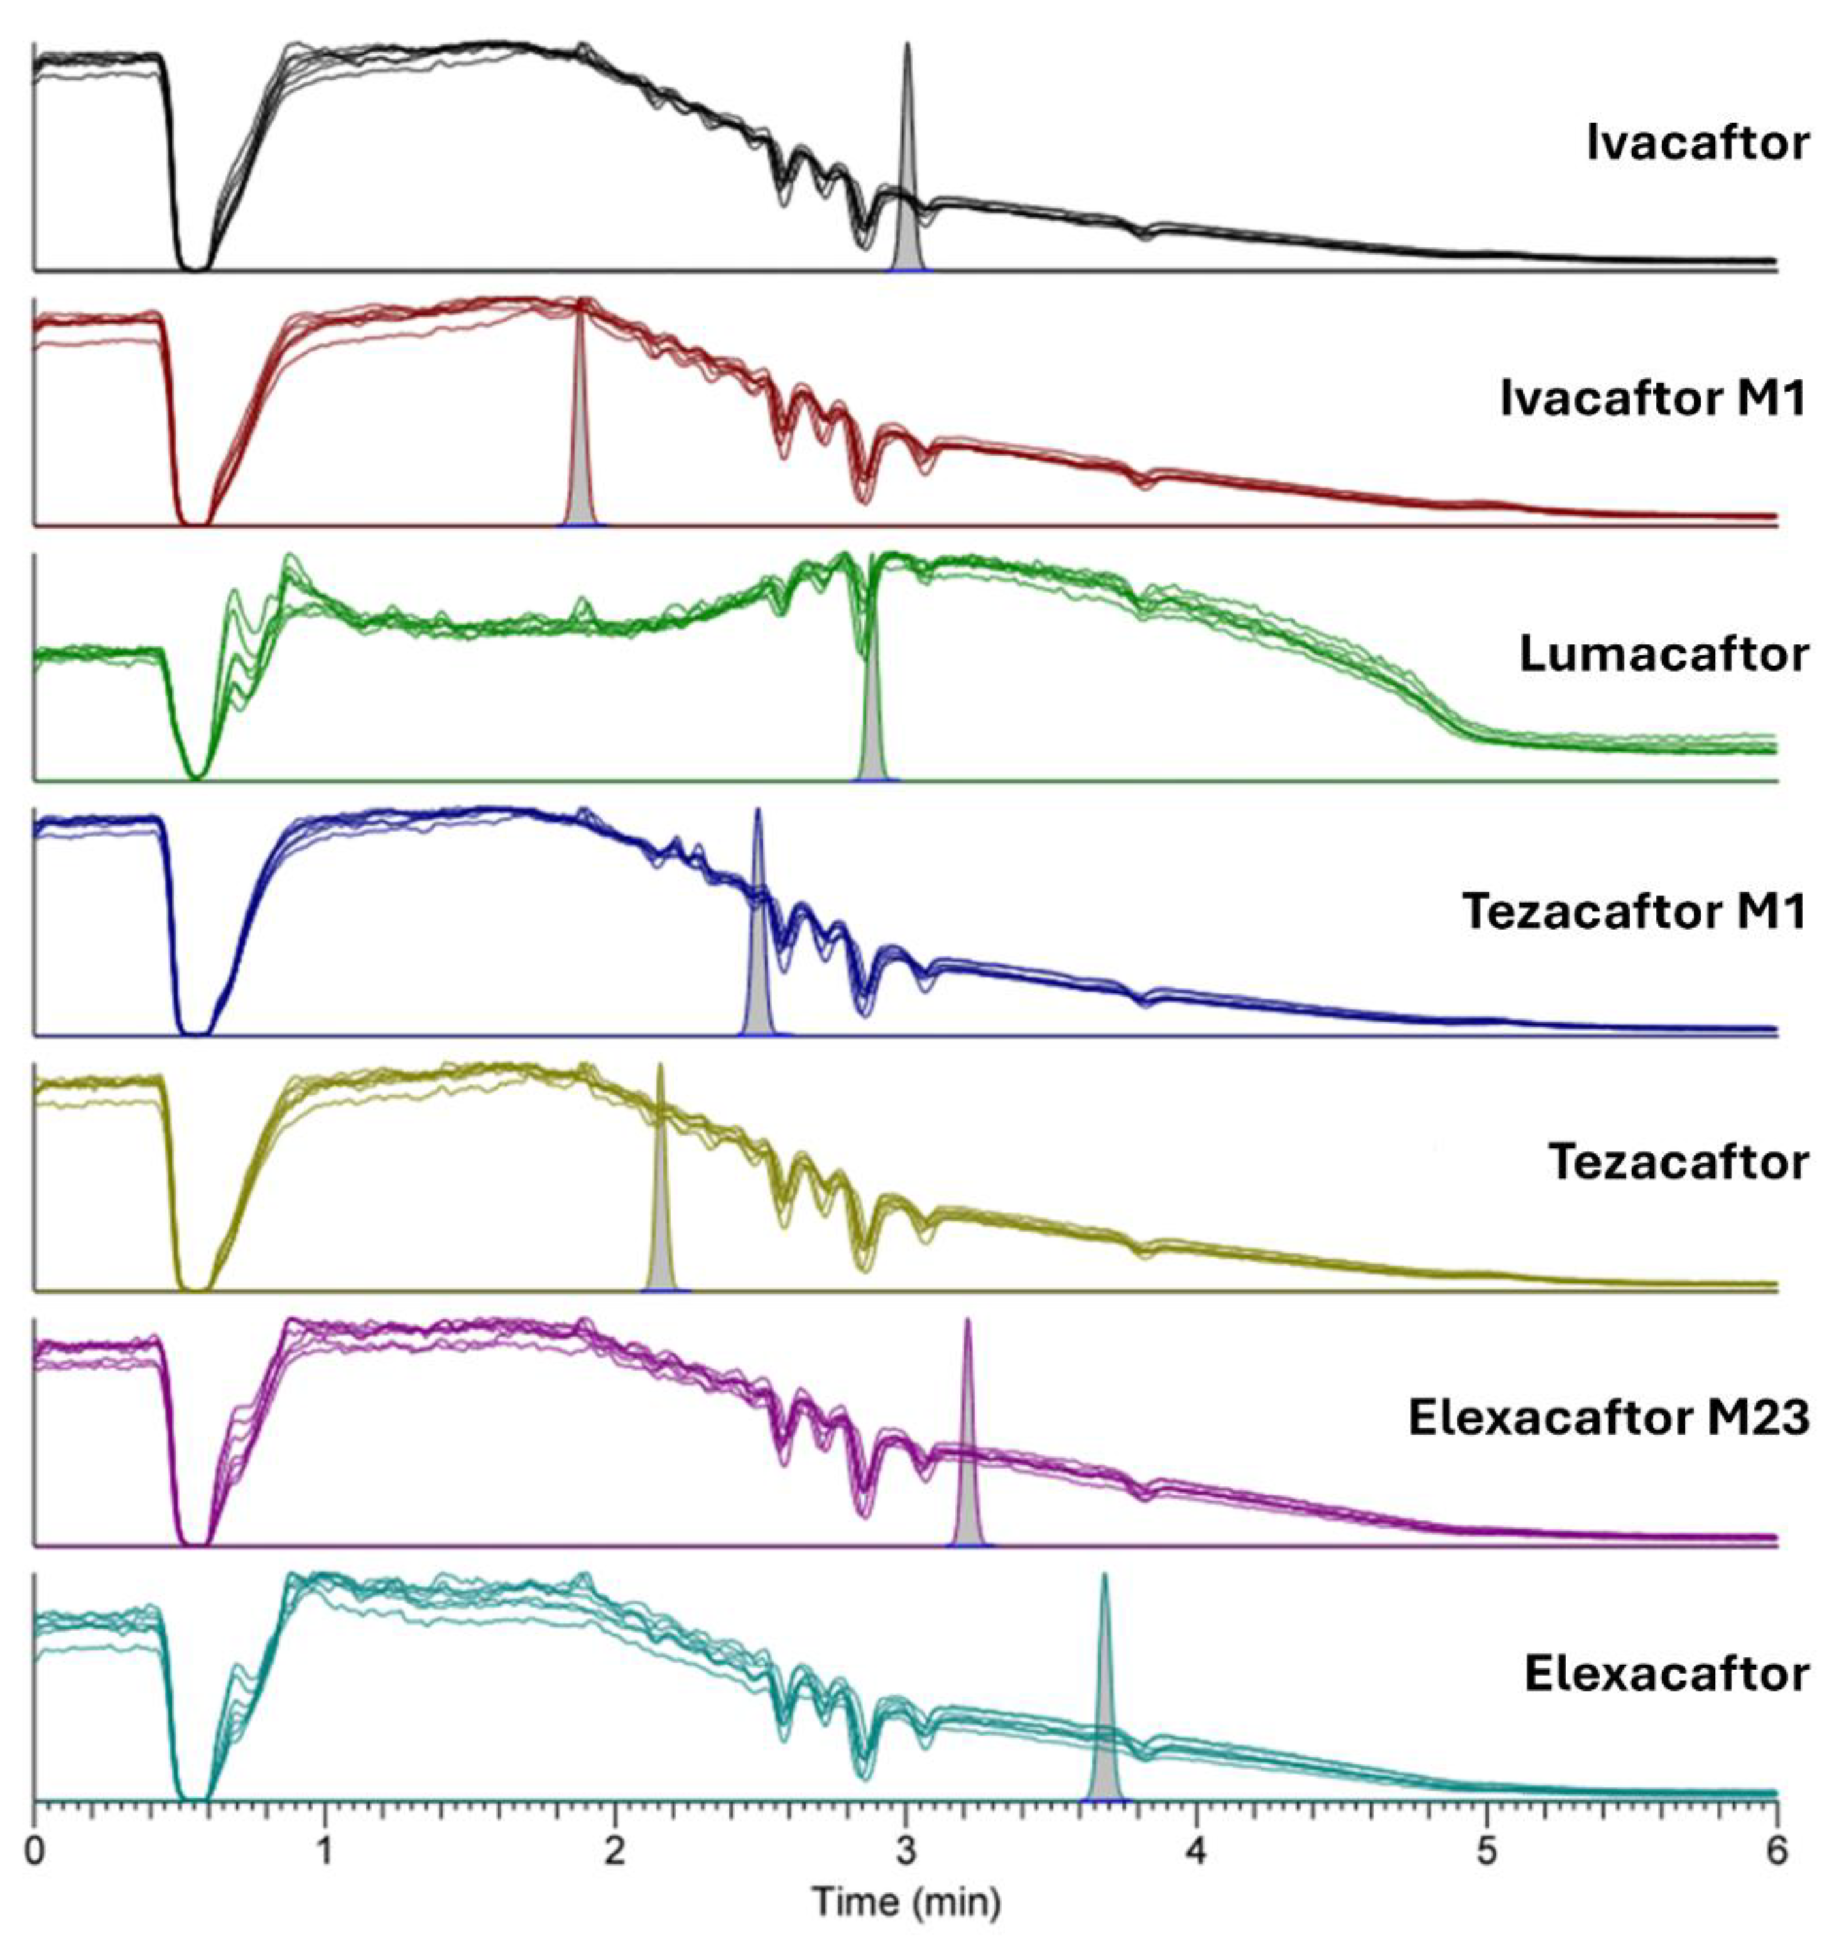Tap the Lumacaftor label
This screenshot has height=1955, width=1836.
coord(1663,654)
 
